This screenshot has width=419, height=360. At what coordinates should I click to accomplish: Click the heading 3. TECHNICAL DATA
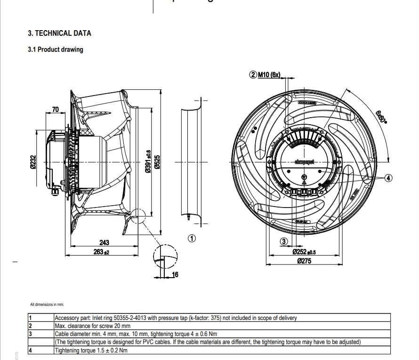59,33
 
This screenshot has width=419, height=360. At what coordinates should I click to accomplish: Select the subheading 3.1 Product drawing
56,49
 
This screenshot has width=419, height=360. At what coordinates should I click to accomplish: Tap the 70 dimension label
55,110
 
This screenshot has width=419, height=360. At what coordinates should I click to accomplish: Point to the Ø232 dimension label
33,162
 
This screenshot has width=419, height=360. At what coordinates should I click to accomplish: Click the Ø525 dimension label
158,162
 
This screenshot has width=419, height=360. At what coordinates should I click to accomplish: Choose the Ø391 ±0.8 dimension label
148,162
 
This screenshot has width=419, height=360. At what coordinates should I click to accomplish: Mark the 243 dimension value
104,242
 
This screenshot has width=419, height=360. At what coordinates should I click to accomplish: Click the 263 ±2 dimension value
101,252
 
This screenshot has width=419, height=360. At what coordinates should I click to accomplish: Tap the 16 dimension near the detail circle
175,274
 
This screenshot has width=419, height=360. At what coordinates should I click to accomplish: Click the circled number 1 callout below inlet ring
192,238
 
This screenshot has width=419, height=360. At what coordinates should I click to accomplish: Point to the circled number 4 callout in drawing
388,178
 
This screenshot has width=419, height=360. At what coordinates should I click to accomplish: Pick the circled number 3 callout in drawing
283,241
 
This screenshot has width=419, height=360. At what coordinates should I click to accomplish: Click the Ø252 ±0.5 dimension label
304,252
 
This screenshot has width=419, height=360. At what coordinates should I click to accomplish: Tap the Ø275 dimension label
304,261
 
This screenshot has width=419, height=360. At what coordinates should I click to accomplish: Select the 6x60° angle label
381,116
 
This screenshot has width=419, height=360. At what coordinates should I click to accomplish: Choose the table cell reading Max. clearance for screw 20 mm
93,326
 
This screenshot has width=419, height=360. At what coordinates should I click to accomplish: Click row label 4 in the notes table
30,350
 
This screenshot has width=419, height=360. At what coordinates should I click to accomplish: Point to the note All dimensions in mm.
47,304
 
